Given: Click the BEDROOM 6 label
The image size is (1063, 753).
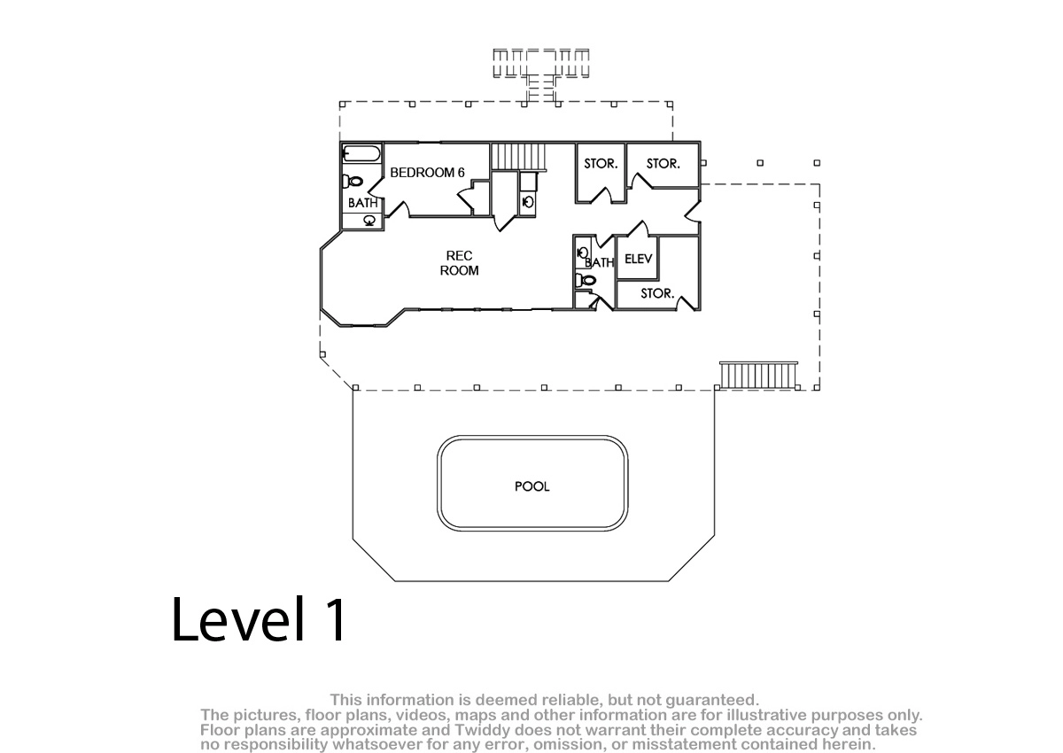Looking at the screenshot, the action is [427, 173].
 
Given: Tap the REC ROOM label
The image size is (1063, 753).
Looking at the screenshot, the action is [459, 263].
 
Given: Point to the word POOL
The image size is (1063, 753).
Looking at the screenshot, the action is [532, 486].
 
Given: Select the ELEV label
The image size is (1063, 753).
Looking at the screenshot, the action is [639, 259].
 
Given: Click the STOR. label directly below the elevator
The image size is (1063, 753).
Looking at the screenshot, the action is [657, 294].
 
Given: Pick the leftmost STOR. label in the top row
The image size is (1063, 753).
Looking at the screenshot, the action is [601, 164].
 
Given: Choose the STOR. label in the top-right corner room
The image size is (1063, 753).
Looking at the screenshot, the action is [663, 164].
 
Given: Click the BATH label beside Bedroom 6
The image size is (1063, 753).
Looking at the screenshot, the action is [362, 203].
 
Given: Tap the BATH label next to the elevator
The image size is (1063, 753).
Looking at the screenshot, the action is [600, 262].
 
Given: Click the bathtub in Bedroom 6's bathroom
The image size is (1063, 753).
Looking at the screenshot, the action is [361, 154].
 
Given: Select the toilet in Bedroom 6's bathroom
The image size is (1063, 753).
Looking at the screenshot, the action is [353, 181].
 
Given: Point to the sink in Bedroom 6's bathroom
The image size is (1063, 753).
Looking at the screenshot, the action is [369, 221].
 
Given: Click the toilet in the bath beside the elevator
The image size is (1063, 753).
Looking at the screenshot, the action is [585, 280].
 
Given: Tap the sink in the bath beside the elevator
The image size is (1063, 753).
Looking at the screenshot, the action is [583, 252].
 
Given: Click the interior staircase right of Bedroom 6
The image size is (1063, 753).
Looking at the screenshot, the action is [517, 157].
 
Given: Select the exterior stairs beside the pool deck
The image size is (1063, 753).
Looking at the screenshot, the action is [758, 375].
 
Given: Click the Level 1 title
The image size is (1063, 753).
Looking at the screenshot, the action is [259, 619].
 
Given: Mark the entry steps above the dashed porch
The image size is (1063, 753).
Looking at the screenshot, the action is [541, 75].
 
